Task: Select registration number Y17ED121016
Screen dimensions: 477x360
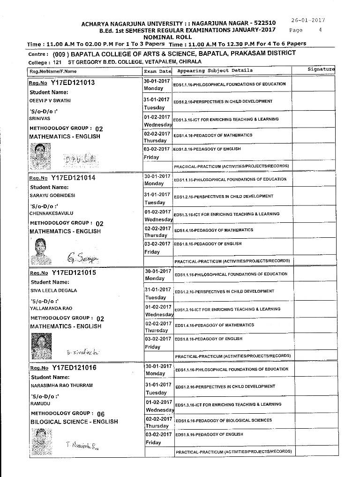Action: point(74,368)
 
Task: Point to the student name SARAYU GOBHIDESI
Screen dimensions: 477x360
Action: point(52,196)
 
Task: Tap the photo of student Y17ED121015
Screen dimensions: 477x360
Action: point(41,346)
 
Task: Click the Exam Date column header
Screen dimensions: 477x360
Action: point(157,71)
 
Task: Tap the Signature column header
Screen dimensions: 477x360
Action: point(321,69)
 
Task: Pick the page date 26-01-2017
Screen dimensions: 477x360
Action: point(308,20)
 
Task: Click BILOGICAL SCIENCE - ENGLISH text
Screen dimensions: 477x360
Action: point(75,422)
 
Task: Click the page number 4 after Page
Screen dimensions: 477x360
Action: point(320,30)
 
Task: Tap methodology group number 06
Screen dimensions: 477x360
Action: point(100,414)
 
